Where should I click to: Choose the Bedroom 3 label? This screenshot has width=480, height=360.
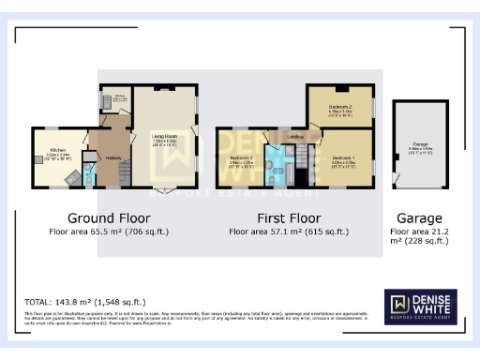point(243,159)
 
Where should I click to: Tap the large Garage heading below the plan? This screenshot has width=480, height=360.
point(420,217)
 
